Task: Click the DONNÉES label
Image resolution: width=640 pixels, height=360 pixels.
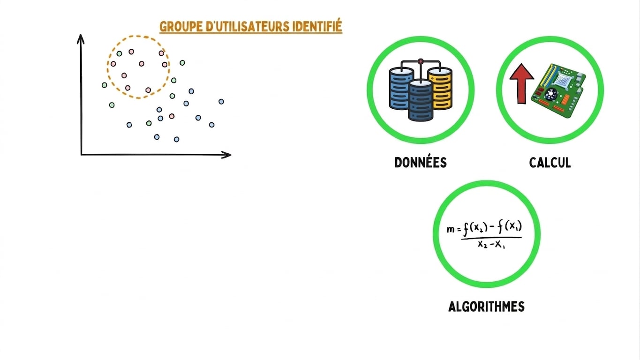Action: click(x=420, y=162)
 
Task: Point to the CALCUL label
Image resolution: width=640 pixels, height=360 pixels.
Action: click(x=550, y=163)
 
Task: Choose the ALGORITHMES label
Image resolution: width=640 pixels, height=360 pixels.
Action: click(x=486, y=307)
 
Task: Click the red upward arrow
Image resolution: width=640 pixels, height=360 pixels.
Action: click(x=522, y=83)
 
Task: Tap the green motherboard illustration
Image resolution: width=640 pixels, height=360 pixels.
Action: click(x=558, y=90)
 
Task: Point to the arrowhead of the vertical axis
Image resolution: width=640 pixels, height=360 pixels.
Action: click(x=81, y=38)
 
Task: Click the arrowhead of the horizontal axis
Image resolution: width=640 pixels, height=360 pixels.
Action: click(x=226, y=155)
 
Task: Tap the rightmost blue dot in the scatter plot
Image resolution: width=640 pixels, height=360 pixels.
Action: click(x=221, y=101)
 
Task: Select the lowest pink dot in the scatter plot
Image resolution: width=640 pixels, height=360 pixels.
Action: click(x=172, y=116)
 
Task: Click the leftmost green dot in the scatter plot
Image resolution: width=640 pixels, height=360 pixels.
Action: click(x=104, y=85)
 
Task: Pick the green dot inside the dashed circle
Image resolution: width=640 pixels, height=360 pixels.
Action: click(x=119, y=53)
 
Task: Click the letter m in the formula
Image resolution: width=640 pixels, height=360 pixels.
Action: click(x=450, y=229)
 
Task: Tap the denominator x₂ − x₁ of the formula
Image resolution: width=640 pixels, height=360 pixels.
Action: click(x=491, y=245)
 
